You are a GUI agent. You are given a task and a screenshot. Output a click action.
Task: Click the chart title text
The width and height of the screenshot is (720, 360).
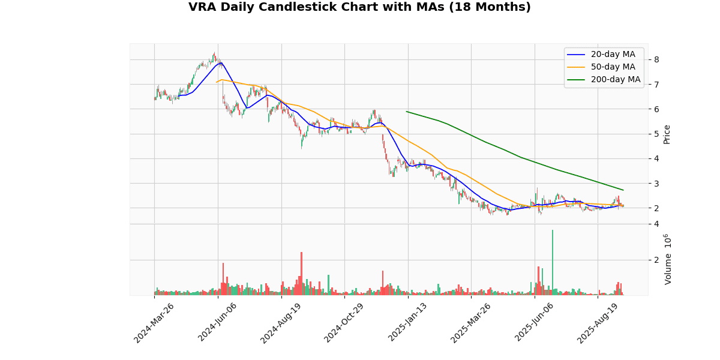[x=359, y=7]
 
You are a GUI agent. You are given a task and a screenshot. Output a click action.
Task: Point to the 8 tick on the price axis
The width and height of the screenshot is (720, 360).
[x=657, y=59]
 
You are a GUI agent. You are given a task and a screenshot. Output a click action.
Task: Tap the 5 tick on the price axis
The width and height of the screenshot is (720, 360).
[x=657, y=134]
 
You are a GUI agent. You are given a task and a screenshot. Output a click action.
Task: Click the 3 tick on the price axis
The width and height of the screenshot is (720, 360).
[x=657, y=184]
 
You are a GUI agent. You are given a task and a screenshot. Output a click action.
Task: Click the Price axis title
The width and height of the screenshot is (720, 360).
[x=667, y=134]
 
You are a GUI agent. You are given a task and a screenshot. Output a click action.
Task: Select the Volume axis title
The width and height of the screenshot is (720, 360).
[x=668, y=259]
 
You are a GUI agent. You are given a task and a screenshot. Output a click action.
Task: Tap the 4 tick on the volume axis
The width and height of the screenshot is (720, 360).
[x=657, y=224]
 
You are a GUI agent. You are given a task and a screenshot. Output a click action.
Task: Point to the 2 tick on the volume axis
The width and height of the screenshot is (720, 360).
[x=657, y=260]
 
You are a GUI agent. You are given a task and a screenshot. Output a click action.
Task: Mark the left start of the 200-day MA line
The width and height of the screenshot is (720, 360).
[x=406, y=111]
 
